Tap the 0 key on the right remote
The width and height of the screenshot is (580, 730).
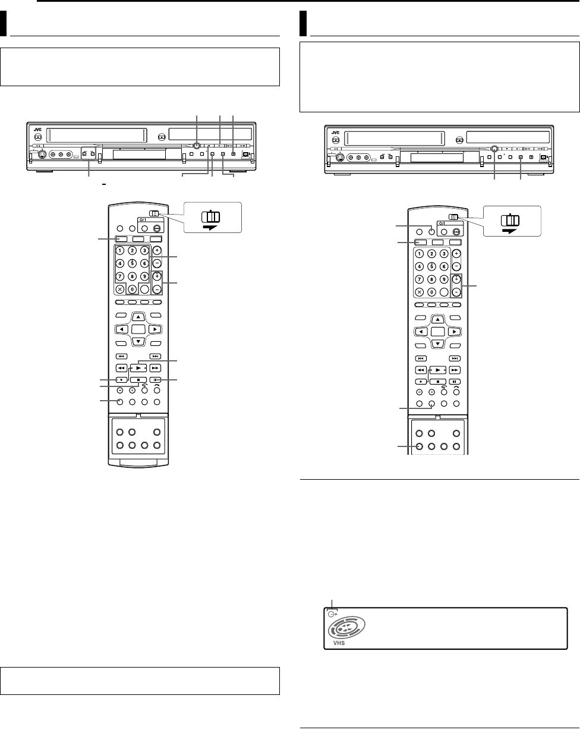pyautogui.click(x=433, y=292)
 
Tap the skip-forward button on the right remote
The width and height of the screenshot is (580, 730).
pyautogui.click(x=455, y=358)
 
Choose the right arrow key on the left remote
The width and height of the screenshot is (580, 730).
pyautogui.click(x=154, y=329)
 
